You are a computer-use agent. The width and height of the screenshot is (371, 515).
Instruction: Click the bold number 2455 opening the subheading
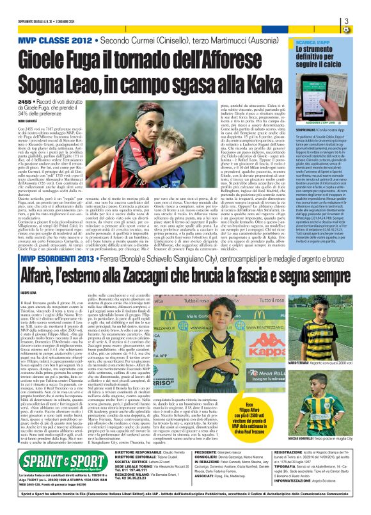click(26, 102)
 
